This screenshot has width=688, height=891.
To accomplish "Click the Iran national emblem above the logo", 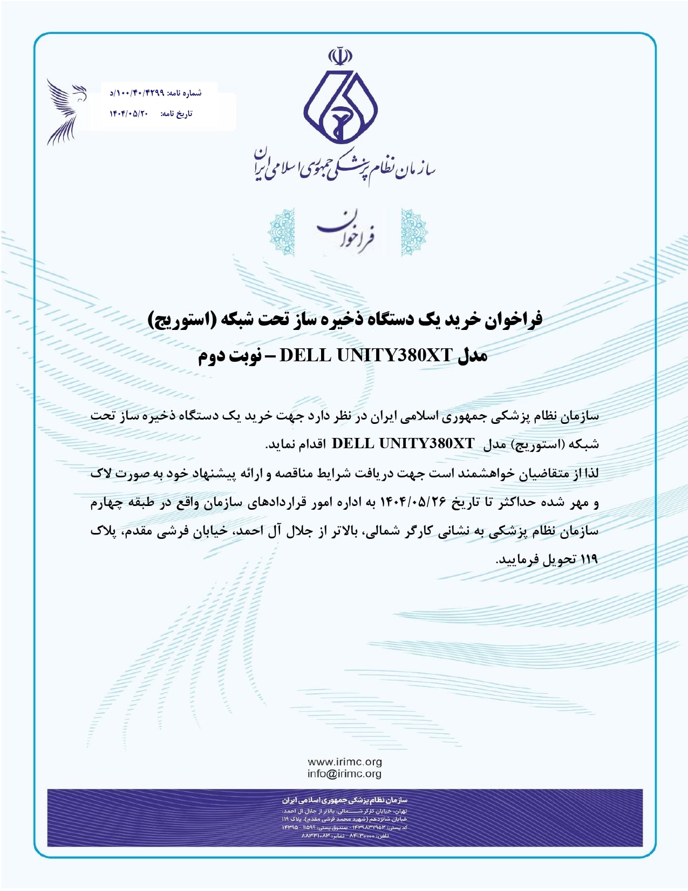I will [x=340, y=56].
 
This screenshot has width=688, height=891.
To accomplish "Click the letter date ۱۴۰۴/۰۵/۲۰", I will [x=128, y=113].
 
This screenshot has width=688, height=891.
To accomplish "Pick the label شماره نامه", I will [x=185, y=93].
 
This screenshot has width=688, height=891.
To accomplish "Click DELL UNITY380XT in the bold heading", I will [x=365, y=355].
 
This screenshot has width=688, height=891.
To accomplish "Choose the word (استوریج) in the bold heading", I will [x=183, y=320].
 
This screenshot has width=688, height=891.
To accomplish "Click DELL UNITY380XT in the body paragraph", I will [x=403, y=444].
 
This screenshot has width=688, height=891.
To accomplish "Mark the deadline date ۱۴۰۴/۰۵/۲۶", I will [x=414, y=502].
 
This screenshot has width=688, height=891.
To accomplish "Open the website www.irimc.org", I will [x=344, y=762].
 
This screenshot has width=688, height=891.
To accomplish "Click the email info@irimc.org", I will [x=344, y=774].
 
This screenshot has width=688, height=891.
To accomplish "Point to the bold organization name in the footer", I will [x=344, y=800].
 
